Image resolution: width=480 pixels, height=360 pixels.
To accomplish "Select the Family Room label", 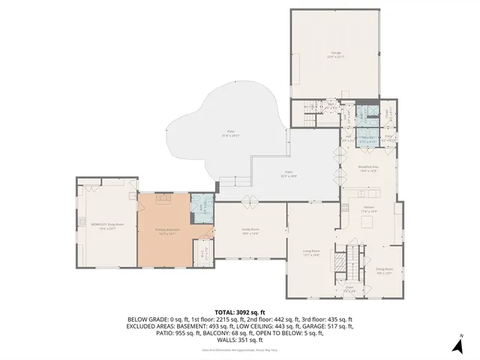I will click(x=250, y=232).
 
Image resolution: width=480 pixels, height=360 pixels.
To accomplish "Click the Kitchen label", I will click(x=369, y=209).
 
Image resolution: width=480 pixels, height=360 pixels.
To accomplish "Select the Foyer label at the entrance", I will click(x=349, y=289).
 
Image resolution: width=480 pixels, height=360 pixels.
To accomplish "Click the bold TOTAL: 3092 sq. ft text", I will click(x=240, y=311).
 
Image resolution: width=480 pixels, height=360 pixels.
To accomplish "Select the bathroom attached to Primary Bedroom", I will click(x=202, y=208).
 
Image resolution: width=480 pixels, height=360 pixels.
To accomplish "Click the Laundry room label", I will click(x=389, y=138).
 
